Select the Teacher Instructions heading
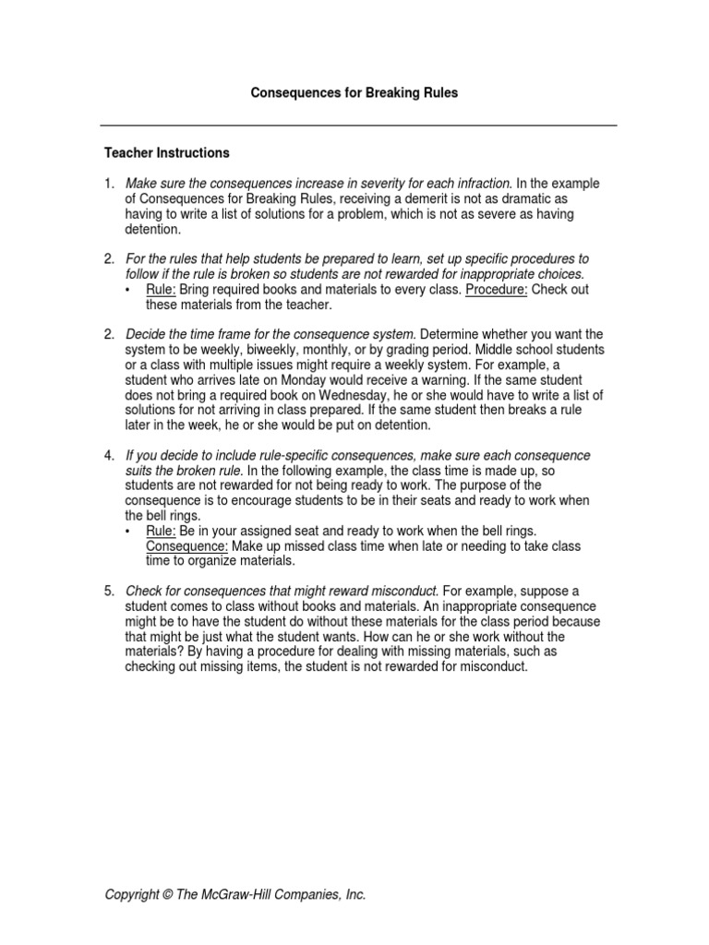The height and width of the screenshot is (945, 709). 166,152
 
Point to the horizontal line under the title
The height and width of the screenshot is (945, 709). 358,125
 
